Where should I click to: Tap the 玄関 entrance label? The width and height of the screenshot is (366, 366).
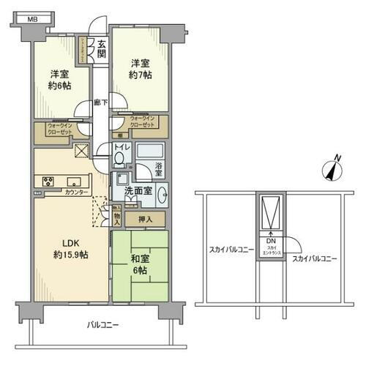coord(102,50)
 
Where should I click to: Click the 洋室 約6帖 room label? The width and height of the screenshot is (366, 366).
coord(60,80)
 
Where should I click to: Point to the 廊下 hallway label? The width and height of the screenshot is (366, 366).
coord(101,103)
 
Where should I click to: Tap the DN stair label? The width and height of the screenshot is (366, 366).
coord(271,242)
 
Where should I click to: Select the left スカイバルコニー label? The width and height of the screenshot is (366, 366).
coord(230,250)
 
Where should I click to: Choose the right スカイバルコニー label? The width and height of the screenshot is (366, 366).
coord(314,258)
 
